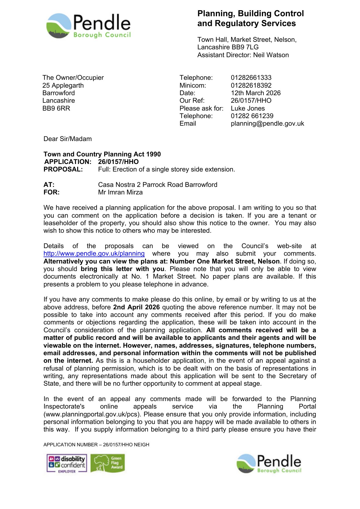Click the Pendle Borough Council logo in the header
(88, 26)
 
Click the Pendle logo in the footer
(269, 463)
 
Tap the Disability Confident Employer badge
(67, 463)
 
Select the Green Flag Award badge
(108, 463)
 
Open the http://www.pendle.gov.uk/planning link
(94, 254)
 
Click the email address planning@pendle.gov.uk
(267, 124)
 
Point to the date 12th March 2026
(256, 93)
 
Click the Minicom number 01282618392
(251, 85)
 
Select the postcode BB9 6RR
(56, 108)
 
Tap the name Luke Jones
(248, 108)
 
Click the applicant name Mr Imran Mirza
(120, 192)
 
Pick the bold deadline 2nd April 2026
(136, 307)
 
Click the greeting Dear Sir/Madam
(68, 139)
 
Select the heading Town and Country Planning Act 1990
(102, 154)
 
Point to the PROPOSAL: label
(63, 169)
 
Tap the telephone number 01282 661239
(252, 116)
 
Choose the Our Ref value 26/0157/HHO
(251, 101)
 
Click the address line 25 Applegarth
(63, 85)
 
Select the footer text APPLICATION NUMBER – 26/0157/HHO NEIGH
(96, 445)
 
